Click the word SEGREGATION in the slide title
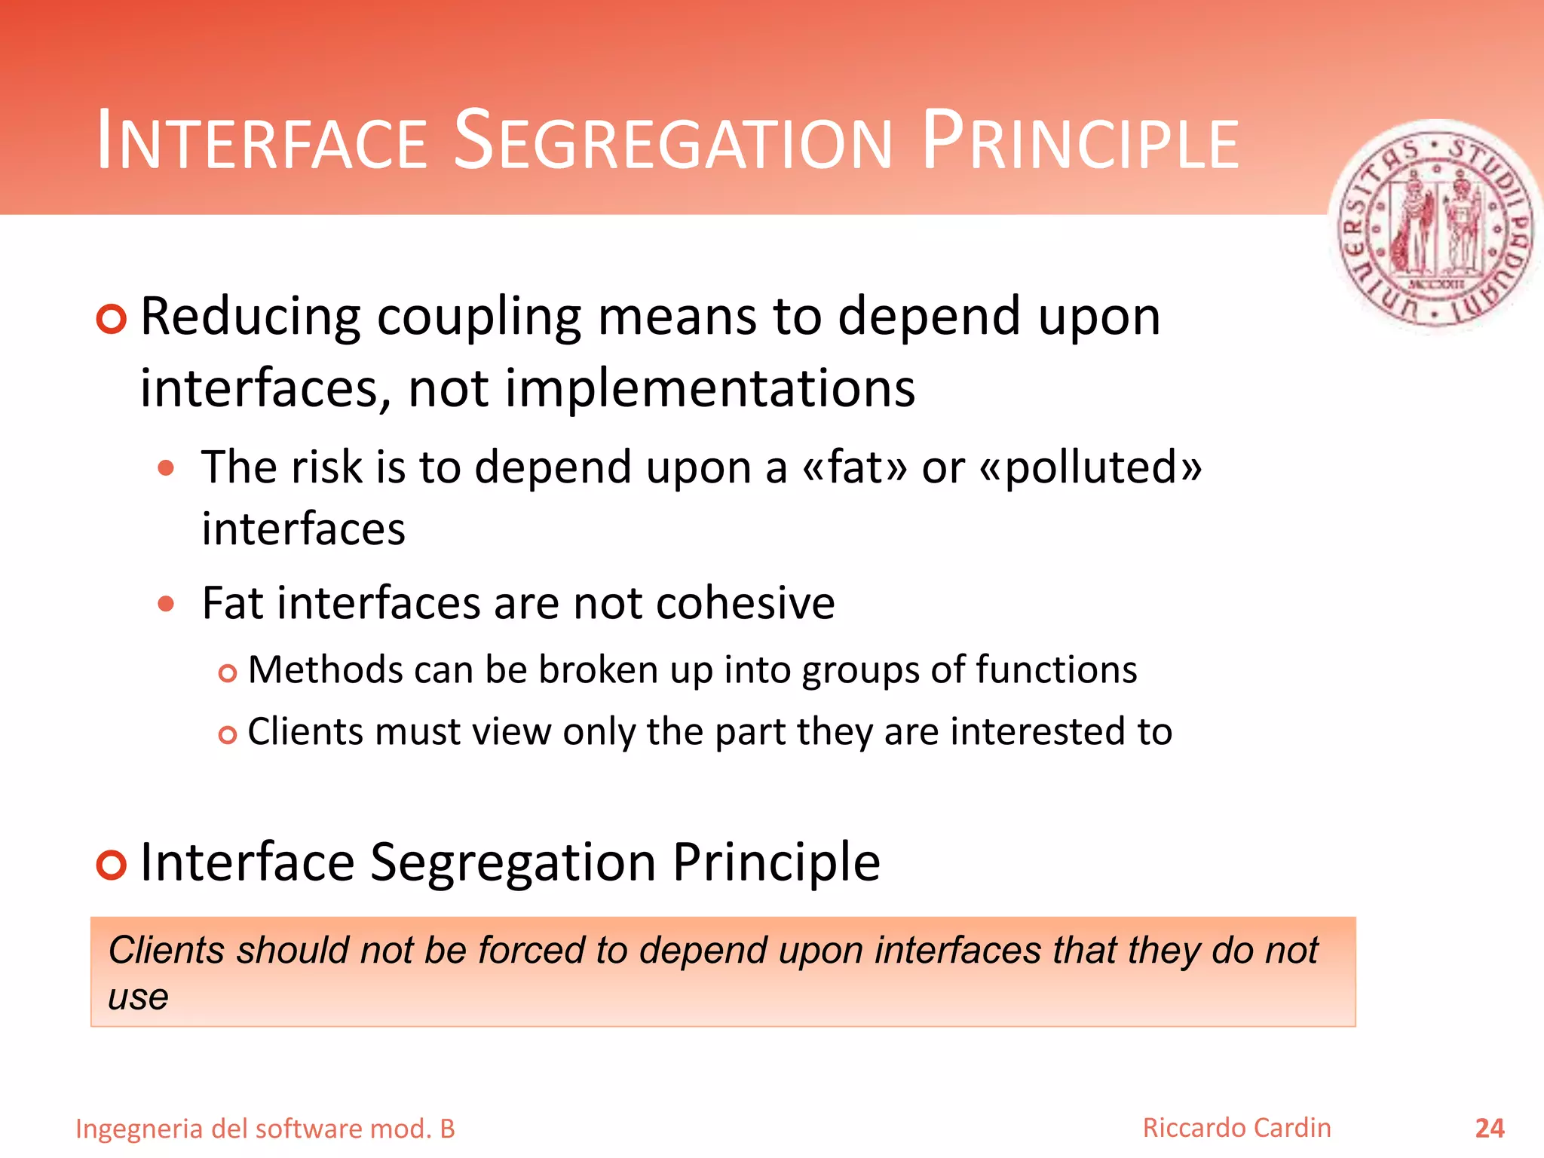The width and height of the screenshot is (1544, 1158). coord(673,141)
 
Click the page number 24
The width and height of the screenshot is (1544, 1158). coord(1489,1128)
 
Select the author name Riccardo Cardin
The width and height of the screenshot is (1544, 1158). coord(1236,1128)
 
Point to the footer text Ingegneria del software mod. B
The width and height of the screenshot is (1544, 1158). coord(265,1129)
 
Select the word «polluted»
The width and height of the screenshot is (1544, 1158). coord(1090,467)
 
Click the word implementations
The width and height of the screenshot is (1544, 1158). coord(709,389)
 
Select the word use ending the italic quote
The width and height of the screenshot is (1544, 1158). coord(138,997)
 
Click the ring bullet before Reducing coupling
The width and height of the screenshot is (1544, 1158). coord(112,320)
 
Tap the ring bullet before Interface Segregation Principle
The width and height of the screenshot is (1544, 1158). coord(112,864)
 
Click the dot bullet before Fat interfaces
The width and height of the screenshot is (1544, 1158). coord(166,604)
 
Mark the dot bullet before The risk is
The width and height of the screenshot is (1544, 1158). coord(166,468)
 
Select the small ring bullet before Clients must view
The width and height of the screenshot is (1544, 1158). coord(227,734)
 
